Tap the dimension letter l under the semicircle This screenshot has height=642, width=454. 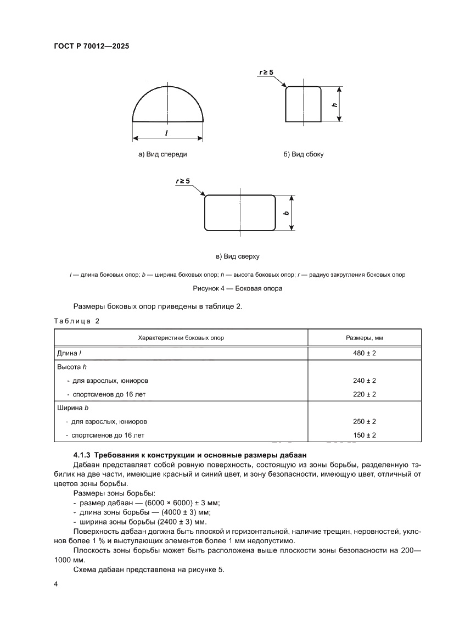166,133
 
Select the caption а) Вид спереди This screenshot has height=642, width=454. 162,154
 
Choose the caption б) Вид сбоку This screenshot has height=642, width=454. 304,154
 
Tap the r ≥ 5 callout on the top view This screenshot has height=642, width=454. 183,181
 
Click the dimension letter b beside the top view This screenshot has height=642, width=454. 287,213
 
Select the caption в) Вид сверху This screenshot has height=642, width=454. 238,256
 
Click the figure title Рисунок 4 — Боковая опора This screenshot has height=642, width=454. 238,288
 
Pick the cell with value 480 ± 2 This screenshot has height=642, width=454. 365,353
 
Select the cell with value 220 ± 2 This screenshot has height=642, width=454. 365,394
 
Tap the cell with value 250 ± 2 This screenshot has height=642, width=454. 365,422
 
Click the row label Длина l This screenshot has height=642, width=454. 69,353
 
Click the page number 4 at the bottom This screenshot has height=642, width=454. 56,584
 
